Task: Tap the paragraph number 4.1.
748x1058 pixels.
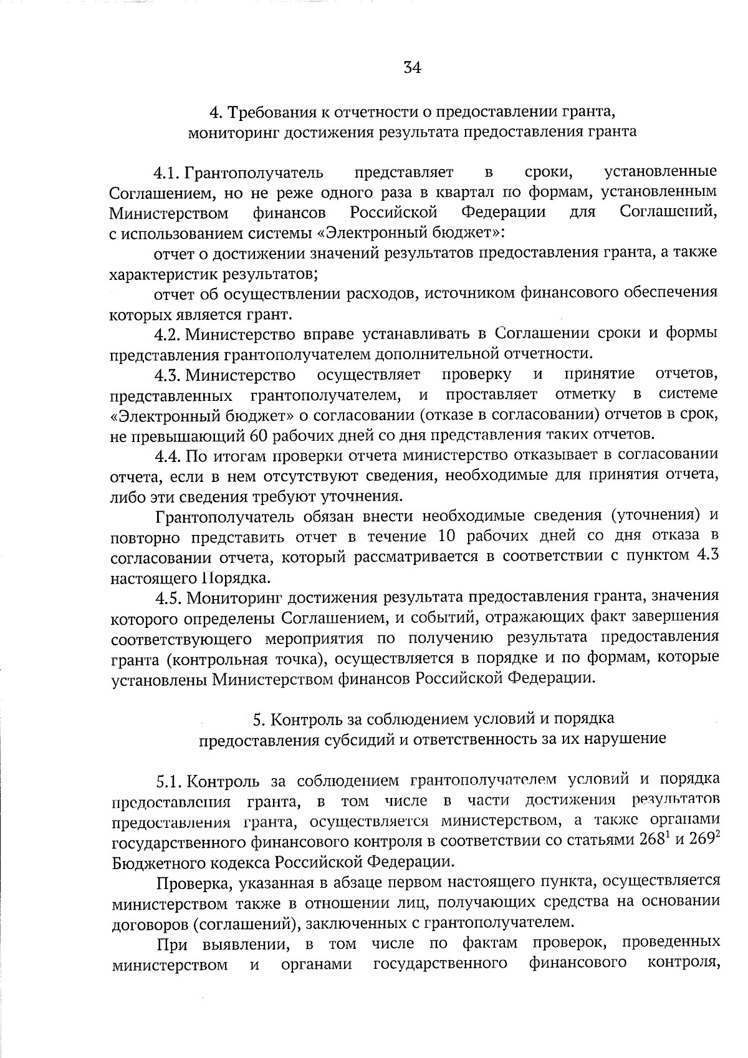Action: click(x=168, y=171)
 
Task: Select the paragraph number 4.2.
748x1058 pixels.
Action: click(x=168, y=334)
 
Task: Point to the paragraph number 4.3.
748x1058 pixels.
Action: click(x=168, y=375)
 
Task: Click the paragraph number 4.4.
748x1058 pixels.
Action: click(x=168, y=456)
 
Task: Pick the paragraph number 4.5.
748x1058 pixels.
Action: click(x=168, y=598)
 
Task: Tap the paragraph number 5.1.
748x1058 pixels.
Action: click(x=168, y=781)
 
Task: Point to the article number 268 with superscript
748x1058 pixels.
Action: click(x=655, y=840)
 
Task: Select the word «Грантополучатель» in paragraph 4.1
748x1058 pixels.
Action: click(x=254, y=171)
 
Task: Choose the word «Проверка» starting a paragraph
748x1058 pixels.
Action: click(x=190, y=883)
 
